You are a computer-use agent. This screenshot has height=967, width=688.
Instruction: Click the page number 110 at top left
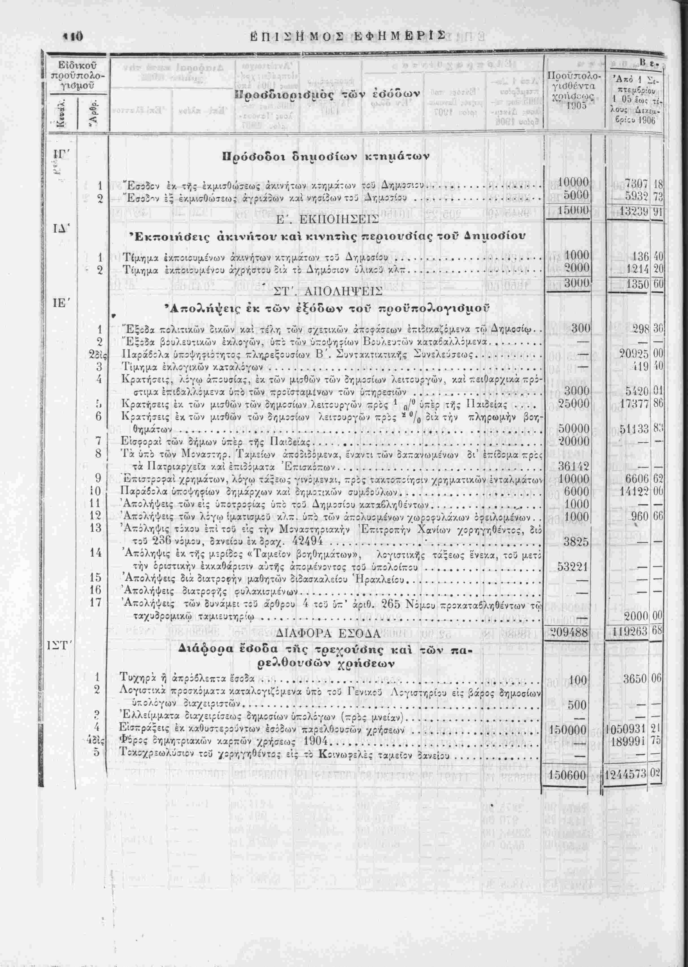coord(74,36)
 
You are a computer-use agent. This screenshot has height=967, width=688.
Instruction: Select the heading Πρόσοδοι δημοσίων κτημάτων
coord(326,157)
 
